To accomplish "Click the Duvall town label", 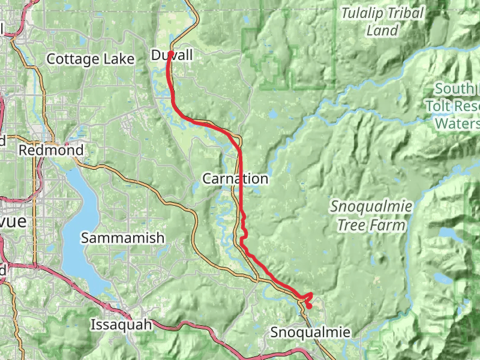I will click(172, 56).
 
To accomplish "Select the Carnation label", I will click(235, 179).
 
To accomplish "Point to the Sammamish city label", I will click(122, 238).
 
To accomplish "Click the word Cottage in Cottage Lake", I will click(70, 59).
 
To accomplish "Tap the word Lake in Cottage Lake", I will click(111, 59).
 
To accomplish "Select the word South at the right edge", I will click(454, 89).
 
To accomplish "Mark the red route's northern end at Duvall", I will click(170, 53).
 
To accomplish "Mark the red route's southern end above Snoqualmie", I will click(309, 307).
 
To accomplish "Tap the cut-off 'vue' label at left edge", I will click(13, 221).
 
